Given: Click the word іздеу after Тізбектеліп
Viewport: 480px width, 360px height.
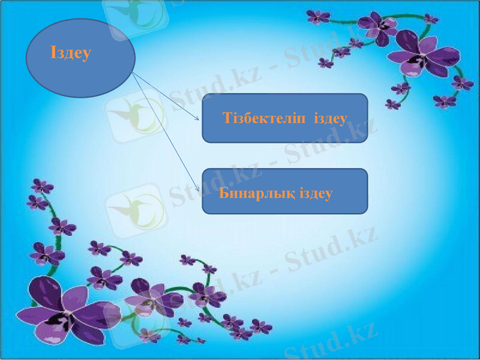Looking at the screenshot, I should pos(331,118).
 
